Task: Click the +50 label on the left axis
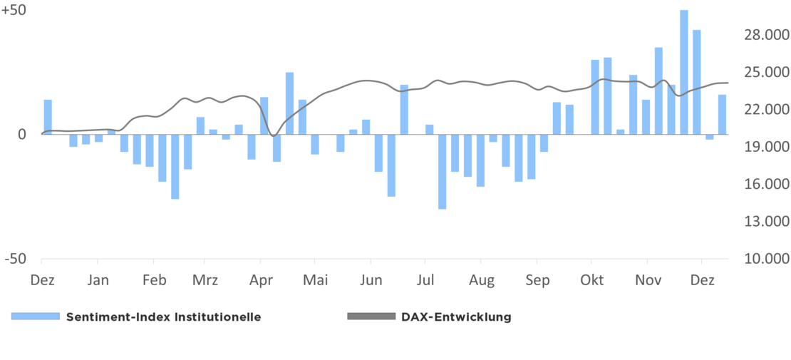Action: pyautogui.click(x=14, y=11)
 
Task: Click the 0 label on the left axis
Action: pyautogui.click(x=21, y=134)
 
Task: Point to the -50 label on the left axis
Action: pyautogui.click(x=16, y=259)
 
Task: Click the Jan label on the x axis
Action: pyautogui.click(x=98, y=280)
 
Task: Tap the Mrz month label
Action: pyautogui.click(x=205, y=280)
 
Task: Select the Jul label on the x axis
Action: pyautogui.click(x=425, y=280)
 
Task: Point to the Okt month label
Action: pyautogui.click(x=591, y=280)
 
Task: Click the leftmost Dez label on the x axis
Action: pyautogui.click(x=42, y=280)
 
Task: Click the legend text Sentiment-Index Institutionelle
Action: pyautogui.click(x=163, y=317)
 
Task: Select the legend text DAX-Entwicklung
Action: pyautogui.click(x=457, y=317)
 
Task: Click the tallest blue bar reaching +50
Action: pyautogui.click(x=684, y=72)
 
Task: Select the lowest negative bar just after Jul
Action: pyautogui.click(x=443, y=171)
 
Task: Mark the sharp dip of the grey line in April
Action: pyautogui.click(x=274, y=135)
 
